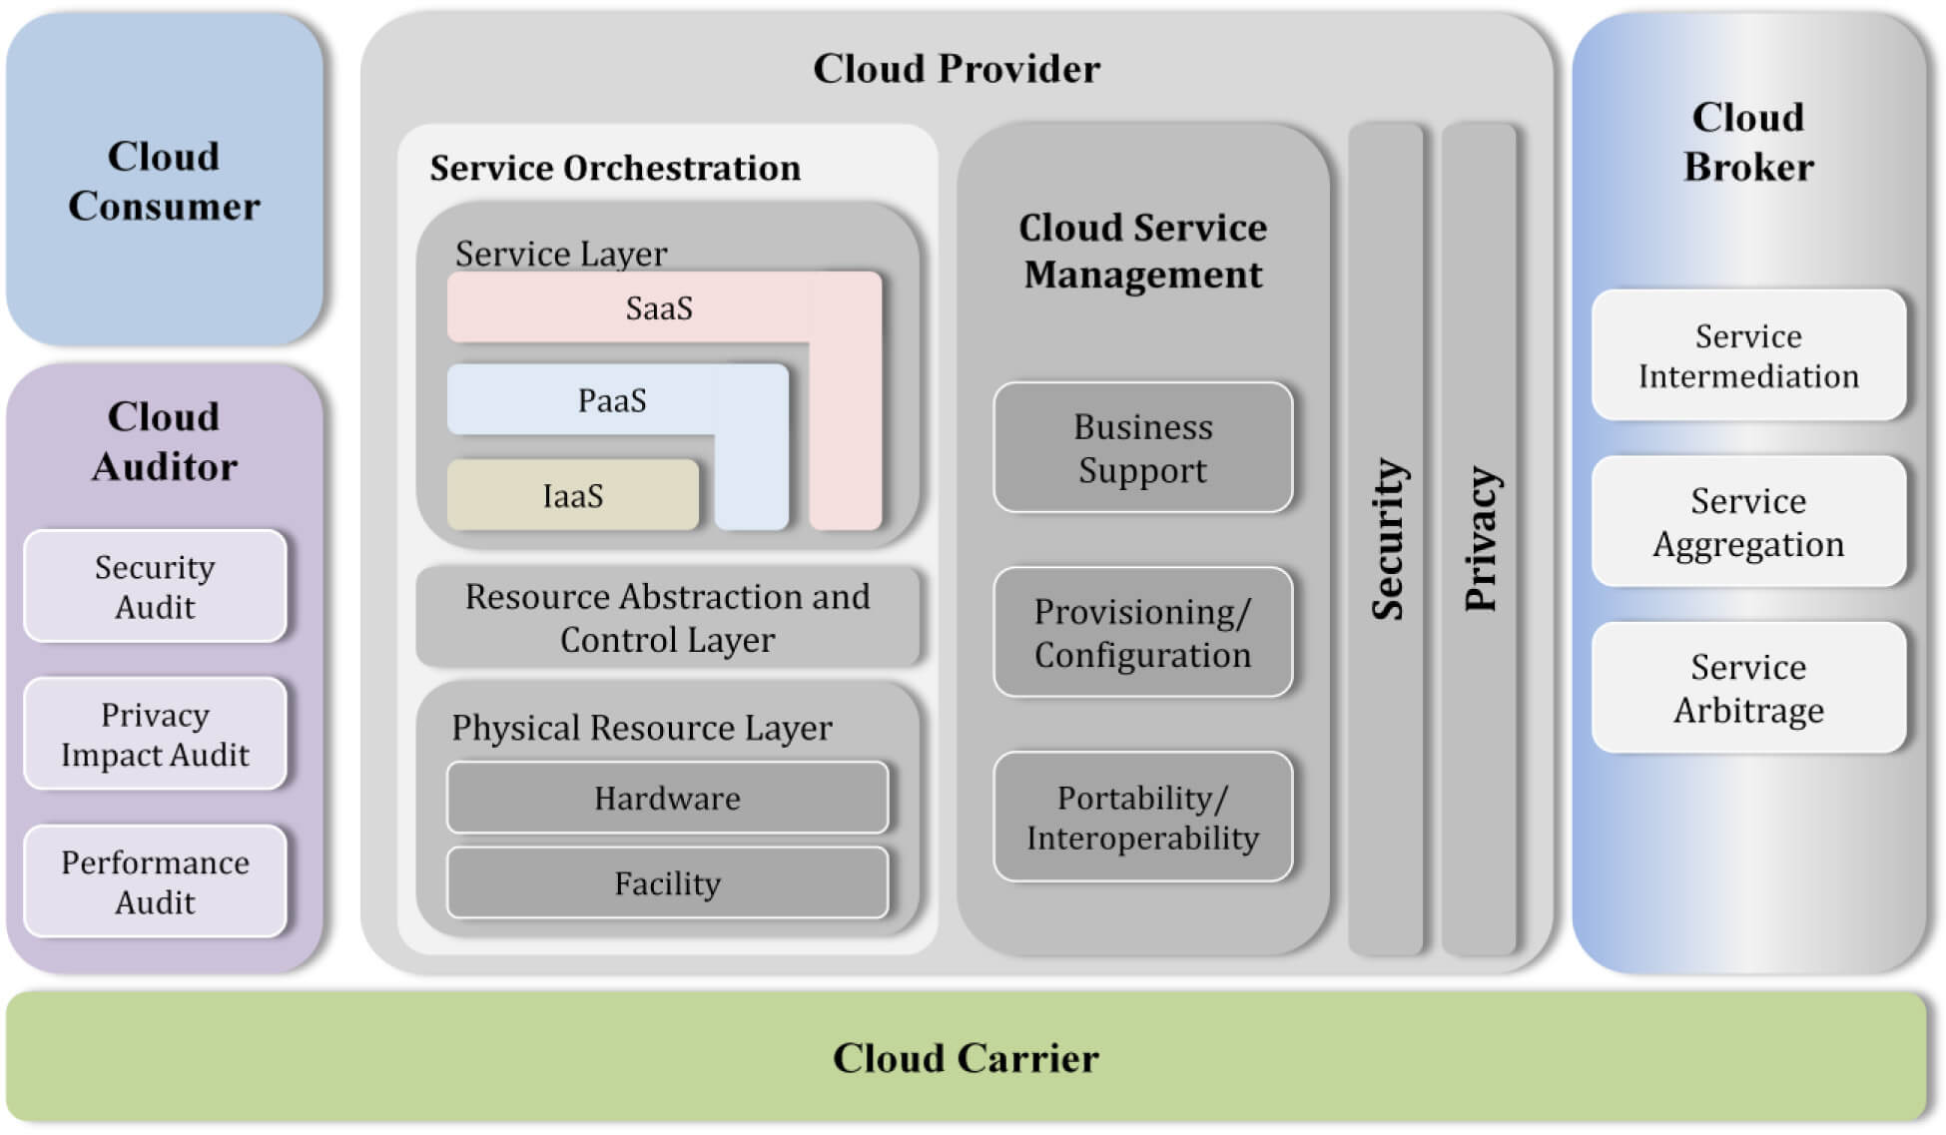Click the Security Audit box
155,586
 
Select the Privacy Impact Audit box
155,734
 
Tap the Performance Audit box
155,881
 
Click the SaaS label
659,307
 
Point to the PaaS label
612,400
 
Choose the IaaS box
573,495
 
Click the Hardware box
667,798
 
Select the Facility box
667,882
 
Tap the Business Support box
1142,447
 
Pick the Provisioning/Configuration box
1142,632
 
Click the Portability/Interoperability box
1142,817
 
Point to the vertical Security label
1387,539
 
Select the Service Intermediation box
1748,355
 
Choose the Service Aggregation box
1748,521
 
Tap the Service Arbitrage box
1748,688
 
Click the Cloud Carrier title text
966,1058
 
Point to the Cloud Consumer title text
164,181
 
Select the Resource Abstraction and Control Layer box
667,617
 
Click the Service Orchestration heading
615,168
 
